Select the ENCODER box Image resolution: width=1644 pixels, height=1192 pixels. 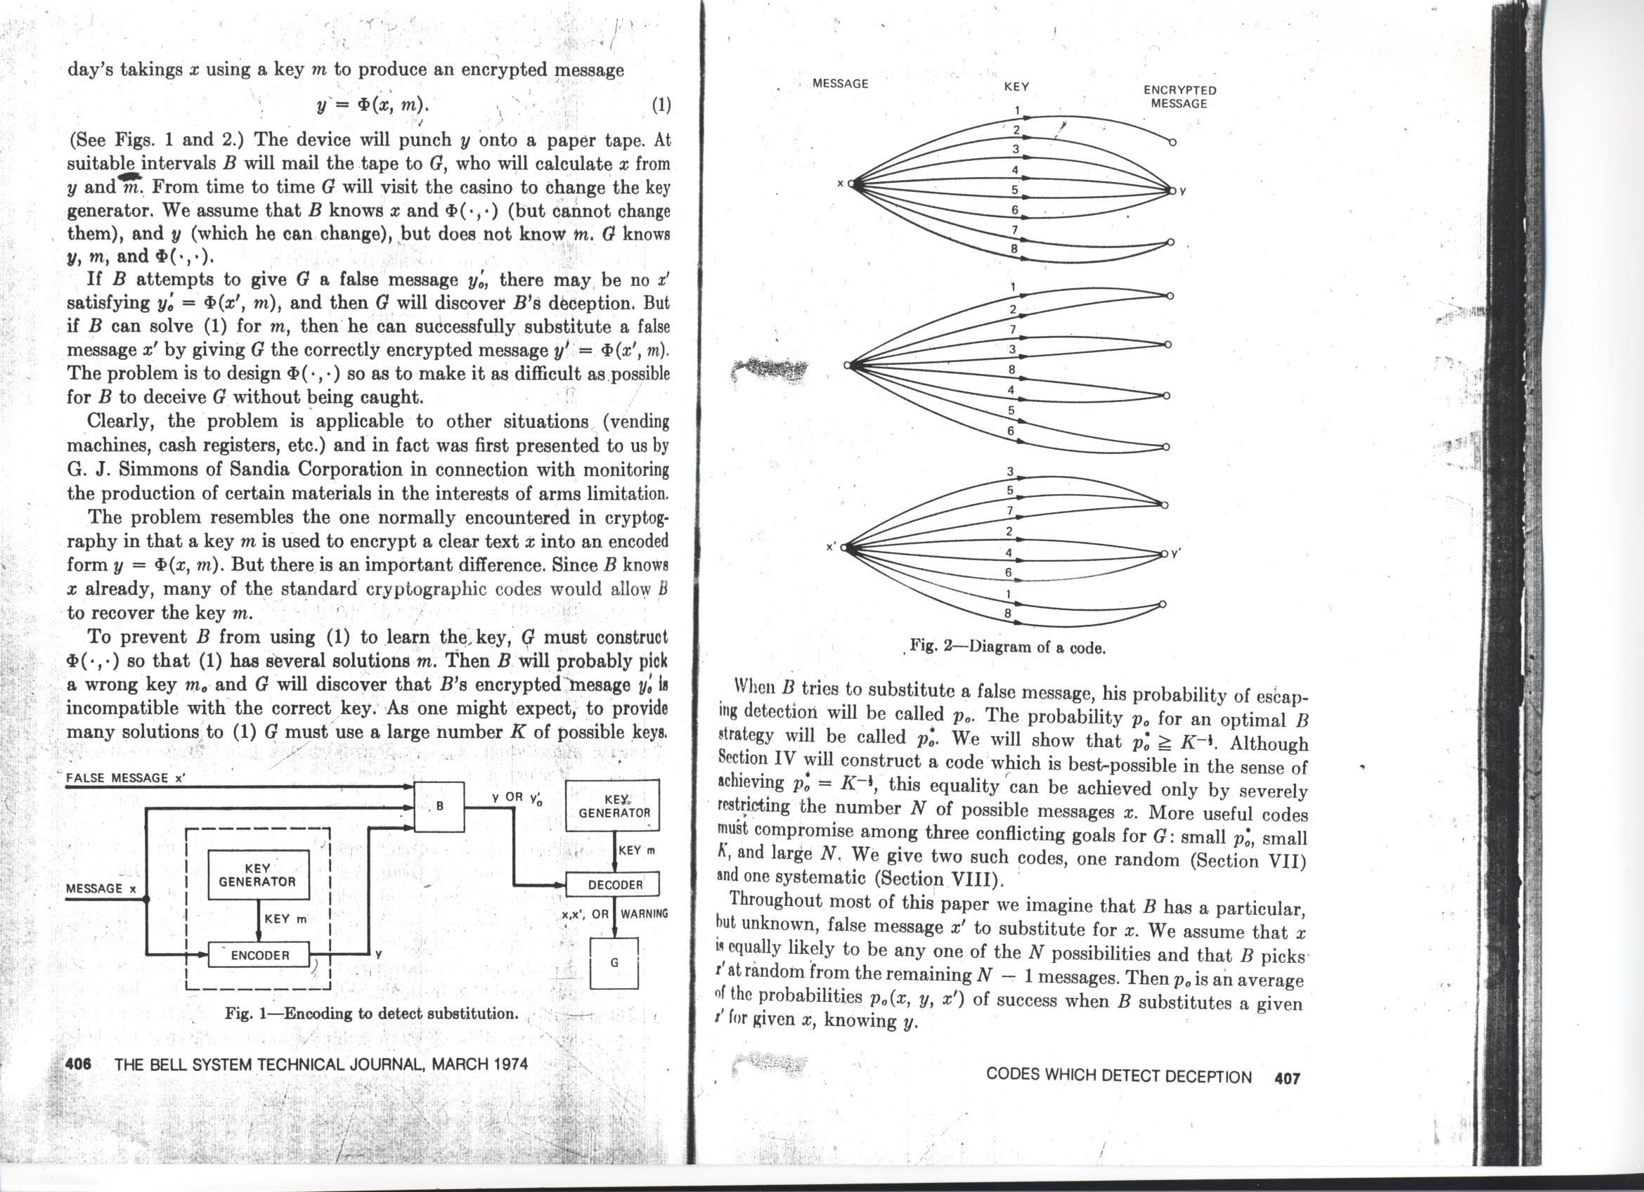click(259, 955)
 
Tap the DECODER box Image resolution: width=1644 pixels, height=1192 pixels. click(615, 885)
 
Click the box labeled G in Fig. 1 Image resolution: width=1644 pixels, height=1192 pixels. click(614, 963)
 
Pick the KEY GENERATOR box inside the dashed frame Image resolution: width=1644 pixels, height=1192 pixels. click(259, 874)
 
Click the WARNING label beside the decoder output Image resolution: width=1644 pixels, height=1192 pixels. click(644, 914)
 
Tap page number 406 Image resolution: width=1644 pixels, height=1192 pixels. click(78, 1065)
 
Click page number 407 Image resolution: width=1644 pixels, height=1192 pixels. click(1288, 1077)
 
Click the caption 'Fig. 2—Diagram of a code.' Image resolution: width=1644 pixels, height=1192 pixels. click(1009, 647)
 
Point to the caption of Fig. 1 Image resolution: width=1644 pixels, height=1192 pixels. click(371, 1013)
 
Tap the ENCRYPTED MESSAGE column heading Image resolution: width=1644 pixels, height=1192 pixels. click(1179, 96)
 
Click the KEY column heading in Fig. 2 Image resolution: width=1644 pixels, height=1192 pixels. click(1016, 86)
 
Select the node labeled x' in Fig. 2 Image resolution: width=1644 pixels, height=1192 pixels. click(844, 548)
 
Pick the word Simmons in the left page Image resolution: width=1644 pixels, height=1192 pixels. click(157, 469)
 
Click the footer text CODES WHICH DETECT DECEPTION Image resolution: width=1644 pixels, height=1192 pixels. click(1118, 1077)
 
